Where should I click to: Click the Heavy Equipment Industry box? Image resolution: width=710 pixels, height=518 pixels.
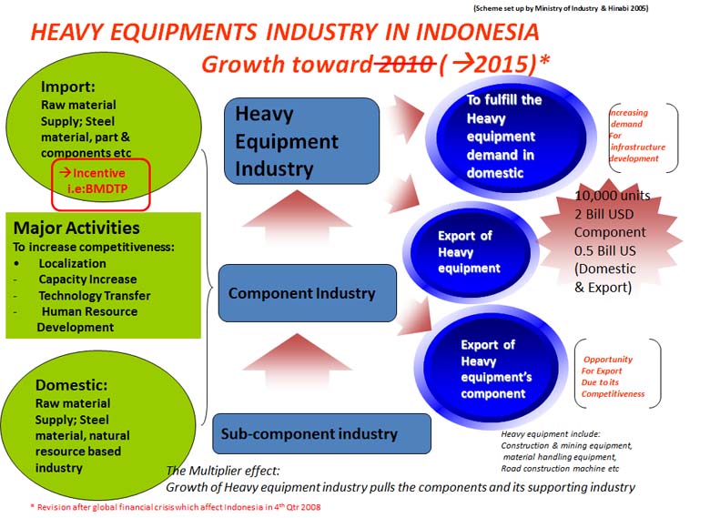pyautogui.click(x=301, y=141)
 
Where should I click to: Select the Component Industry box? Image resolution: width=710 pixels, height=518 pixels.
pyautogui.click(x=308, y=293)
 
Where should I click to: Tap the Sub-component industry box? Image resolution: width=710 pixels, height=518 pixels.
pyautogui.click(x=321, y=433)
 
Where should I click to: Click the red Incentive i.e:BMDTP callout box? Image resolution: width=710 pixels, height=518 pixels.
pyautogui.click(x=100, y=184)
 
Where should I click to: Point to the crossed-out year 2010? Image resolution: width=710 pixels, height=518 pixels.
pyautogui.click(x=404, y=64)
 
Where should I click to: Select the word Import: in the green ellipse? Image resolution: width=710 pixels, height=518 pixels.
pyautogui.click(x=68, y=86)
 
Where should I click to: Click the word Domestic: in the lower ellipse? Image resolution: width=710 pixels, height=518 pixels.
pyautogui.click(x=72, y=385)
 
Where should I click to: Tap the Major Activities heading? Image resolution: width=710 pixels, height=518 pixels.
pyautogui.click(x=76, y=228)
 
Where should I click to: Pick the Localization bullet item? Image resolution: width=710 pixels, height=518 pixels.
pyautogui.click(x=73, y=263)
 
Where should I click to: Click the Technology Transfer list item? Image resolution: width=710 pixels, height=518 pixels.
pyautogui.click(x=94, y=296)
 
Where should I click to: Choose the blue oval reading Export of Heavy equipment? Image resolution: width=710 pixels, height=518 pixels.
pyautogui.click(x=470, y=251)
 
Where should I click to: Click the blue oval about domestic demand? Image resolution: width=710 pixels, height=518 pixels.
pyautogui.click(x=511, y=137)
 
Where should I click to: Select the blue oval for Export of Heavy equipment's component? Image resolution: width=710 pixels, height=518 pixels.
pyautogui.click(x=491, y=368)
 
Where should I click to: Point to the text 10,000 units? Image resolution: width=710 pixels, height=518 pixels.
pyautogui.click(x=613, y=196)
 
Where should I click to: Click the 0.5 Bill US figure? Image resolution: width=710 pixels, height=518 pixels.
pyautogui.click(x=605, y=250)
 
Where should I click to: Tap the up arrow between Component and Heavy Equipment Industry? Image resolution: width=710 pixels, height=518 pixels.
pyautogui.click(x=297, y=217)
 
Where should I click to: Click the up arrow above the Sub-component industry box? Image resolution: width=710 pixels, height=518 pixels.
pyautogui.click(x=298, y=361)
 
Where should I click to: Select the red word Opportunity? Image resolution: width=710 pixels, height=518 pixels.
pyautogui.click(x=608, y=360)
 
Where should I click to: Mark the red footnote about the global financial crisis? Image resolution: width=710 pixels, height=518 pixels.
pyautogui.click(x=176, y=507)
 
